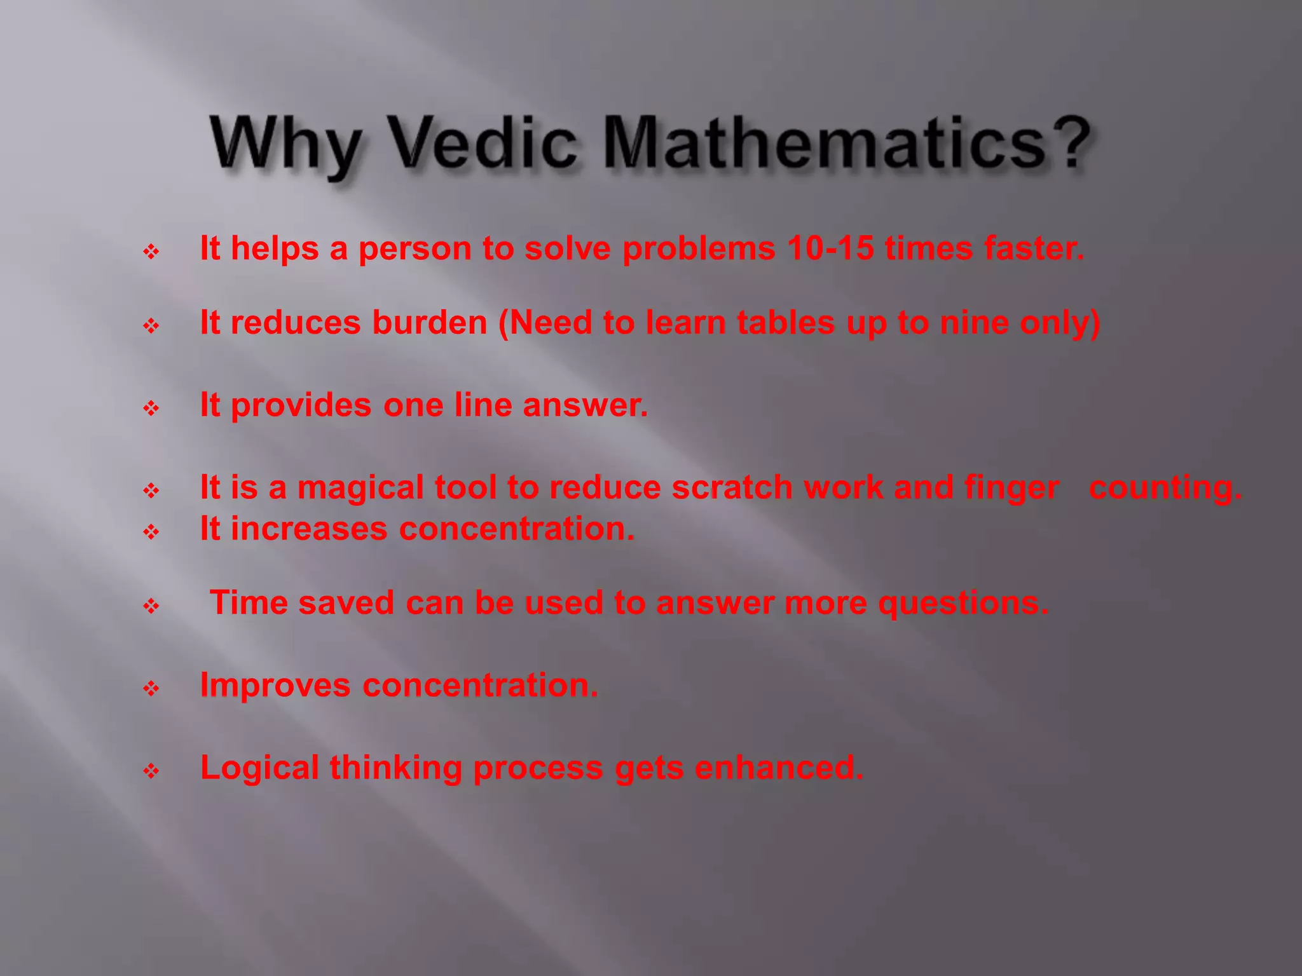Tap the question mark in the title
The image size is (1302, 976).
1070,143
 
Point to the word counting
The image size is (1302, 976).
1165,488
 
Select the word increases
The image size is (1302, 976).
309,529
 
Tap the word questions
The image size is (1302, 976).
963,604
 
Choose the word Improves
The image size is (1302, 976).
275,686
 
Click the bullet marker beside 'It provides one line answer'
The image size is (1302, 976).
151,408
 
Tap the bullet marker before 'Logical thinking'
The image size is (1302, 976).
151,771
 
